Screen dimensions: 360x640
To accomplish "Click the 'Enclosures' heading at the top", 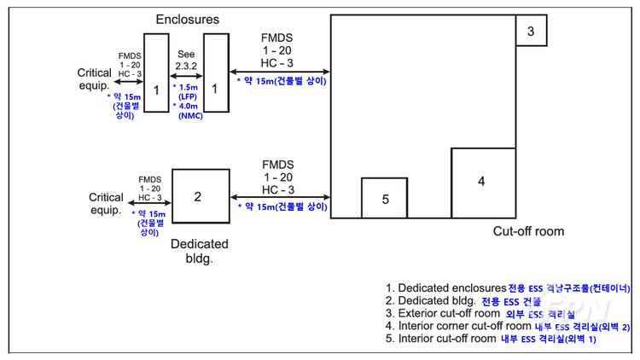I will coord(187,19).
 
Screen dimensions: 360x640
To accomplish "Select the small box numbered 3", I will coord(531,32).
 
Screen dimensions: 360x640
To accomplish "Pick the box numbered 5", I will coord(385,198).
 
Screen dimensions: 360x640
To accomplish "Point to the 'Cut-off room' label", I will coord(528,231).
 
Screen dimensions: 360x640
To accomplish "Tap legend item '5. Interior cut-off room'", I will coord(491,339).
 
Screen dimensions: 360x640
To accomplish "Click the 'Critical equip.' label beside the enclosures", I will coord(94,79).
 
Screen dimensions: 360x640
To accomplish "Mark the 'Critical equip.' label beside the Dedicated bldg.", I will coord(106,204).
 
